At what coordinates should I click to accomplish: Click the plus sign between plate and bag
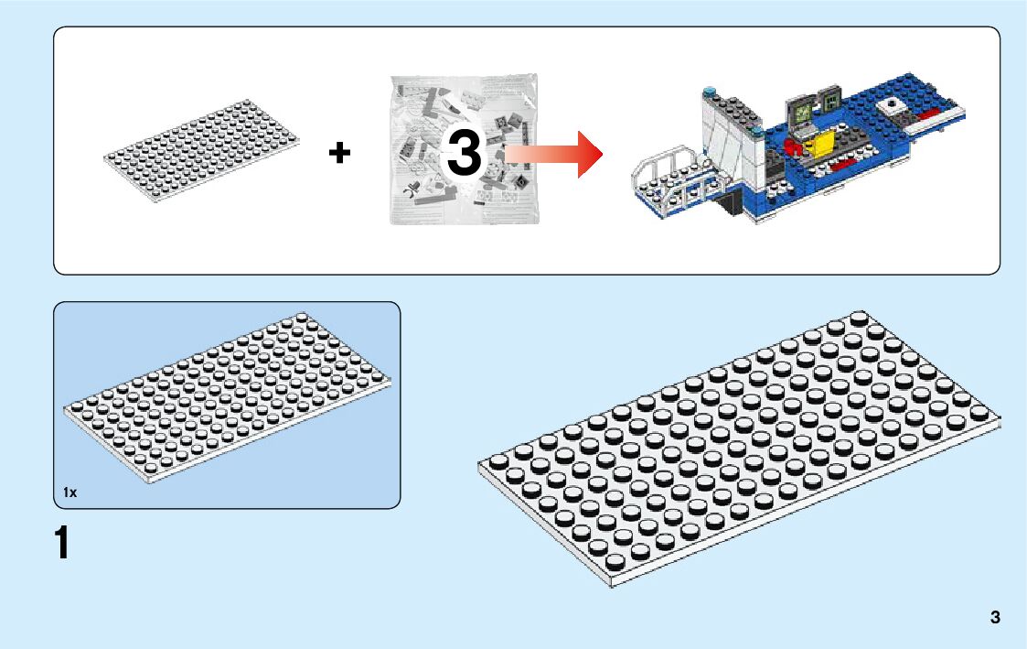click(x=339, y=154)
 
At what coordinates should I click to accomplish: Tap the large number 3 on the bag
click(x=464, y=153)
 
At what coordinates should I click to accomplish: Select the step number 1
click(x=61, y=543)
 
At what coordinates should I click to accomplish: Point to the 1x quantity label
click(x=70, y=492)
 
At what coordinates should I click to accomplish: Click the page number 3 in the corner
click(x=995, y=617)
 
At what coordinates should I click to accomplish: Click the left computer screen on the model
click(x=800, y=111)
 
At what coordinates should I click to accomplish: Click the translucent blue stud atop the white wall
click(x=710, y=92)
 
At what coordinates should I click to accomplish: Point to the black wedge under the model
click(x=733, y=202)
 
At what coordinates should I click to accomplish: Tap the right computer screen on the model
click(x=832, y=97)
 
